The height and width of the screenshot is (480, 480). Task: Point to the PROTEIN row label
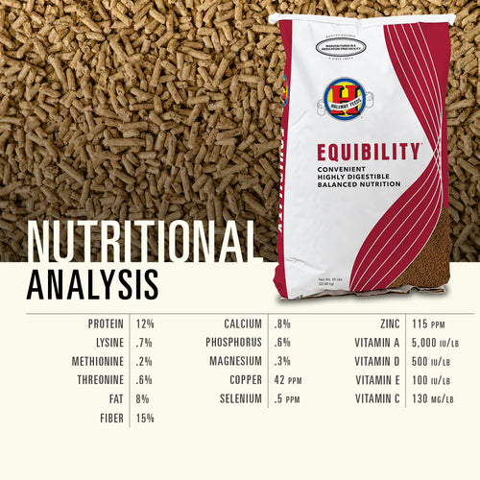pyautogui.click(x=105, y=324)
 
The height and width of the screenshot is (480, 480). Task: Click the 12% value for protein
pyautogui.click(x=145, y=324)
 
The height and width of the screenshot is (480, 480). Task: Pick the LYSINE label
pyautogui.click(x=108, y=343)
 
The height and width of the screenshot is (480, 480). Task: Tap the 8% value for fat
pyautogui.click(x=142, y=398)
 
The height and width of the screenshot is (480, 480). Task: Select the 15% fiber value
pyautogui.click(x=145, y=418)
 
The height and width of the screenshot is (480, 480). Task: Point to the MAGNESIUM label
pyautogui.click(x=236, y=362)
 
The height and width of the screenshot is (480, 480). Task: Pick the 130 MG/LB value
pyautogui.click(x=423, y=398)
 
